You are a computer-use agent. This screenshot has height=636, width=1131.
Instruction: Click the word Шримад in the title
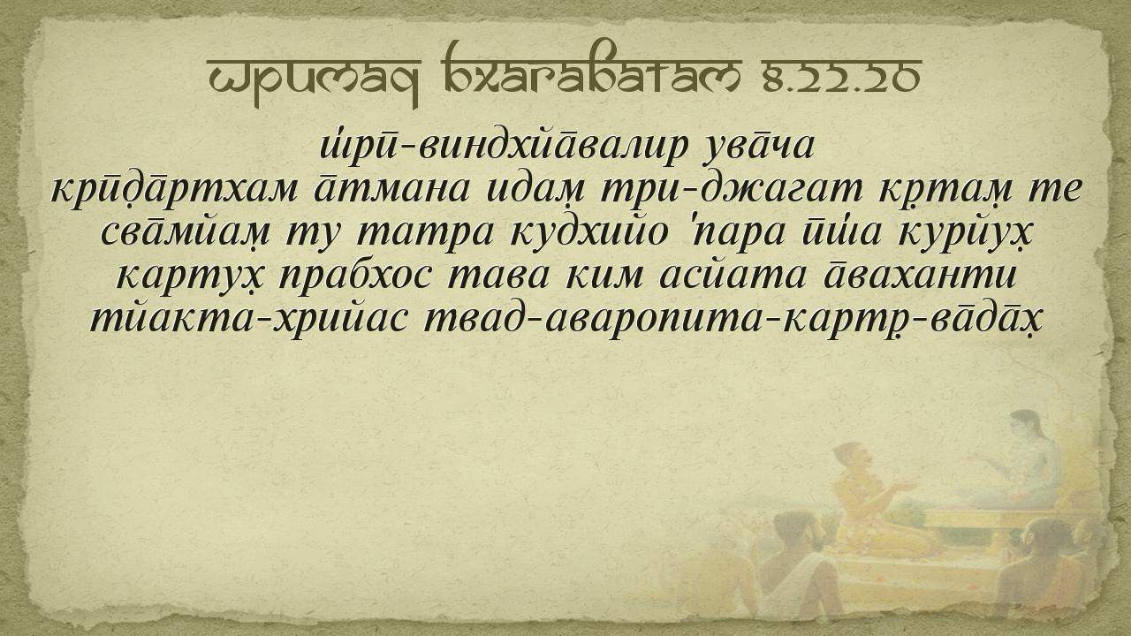314,80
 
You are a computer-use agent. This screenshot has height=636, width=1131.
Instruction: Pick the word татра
424,235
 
